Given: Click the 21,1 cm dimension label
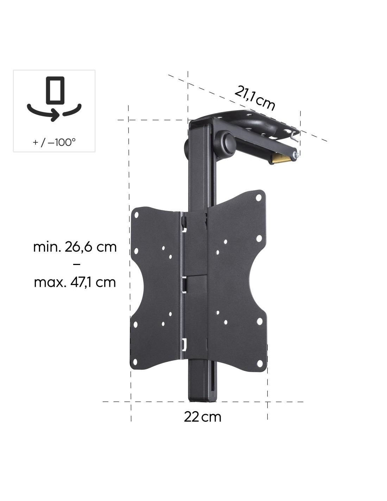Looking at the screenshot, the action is tap(254, 98).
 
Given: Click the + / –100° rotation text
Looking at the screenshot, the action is tap(54, 142).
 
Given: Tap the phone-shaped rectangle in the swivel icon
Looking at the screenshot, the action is tap(55, 91).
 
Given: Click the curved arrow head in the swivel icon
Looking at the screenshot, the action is tap(55, 115).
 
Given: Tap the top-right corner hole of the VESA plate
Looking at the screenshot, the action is tap(259, 198).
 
